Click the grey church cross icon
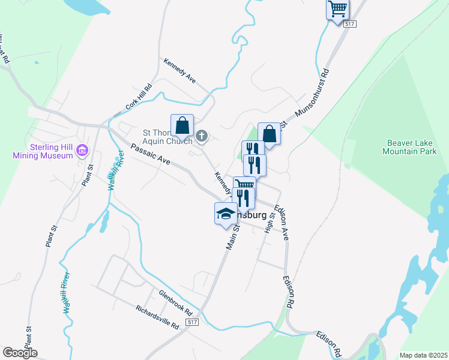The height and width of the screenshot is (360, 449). pyautogui.click(x=202, y=136)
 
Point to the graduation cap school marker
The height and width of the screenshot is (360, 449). pyautogui.click(x=226, y=214)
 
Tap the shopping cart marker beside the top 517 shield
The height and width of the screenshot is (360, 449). pyautogui.click(x=338, y=9)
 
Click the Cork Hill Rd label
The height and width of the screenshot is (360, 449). pyautogui.click(x=139, y=97)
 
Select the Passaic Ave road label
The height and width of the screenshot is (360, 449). pyautogui.click(x=151, y=154)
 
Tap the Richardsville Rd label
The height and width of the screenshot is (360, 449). pyautogui.click(x=157, y=317)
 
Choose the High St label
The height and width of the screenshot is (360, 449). pyautogui.click(x=270, y=223)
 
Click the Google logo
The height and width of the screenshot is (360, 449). pyautogui.click(x=20, y=353)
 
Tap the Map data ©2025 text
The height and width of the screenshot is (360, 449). pyautogui.click(x=423, y=355)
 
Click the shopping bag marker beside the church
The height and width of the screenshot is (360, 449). pyautogui.click(x=182, y=126)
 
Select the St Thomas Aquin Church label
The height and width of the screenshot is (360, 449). pyautogui.click(x=167, y=136)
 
